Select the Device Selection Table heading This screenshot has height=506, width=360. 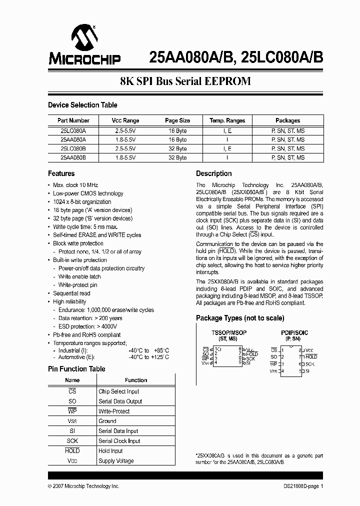(x=82, y=105)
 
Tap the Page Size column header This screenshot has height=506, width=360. (x=177, y=120)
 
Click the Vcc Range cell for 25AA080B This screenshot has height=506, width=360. (x=125, y=157)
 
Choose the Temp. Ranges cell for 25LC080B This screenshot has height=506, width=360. (x=227, y=148)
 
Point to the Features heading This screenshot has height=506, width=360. (x=61, y=173)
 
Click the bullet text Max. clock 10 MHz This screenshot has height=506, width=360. (x=75, y=185)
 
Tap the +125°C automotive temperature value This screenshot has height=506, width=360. (x=160, y=357)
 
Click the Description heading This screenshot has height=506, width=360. (x=213, y=173)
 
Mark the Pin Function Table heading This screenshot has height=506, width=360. (x=76, y=369)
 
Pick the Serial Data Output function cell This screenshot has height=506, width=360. (x=120, y=401)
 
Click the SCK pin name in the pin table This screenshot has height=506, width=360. (x=72, y=441)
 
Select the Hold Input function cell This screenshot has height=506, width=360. (x=110, y=451)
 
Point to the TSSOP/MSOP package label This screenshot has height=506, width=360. (x=229, y=332)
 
